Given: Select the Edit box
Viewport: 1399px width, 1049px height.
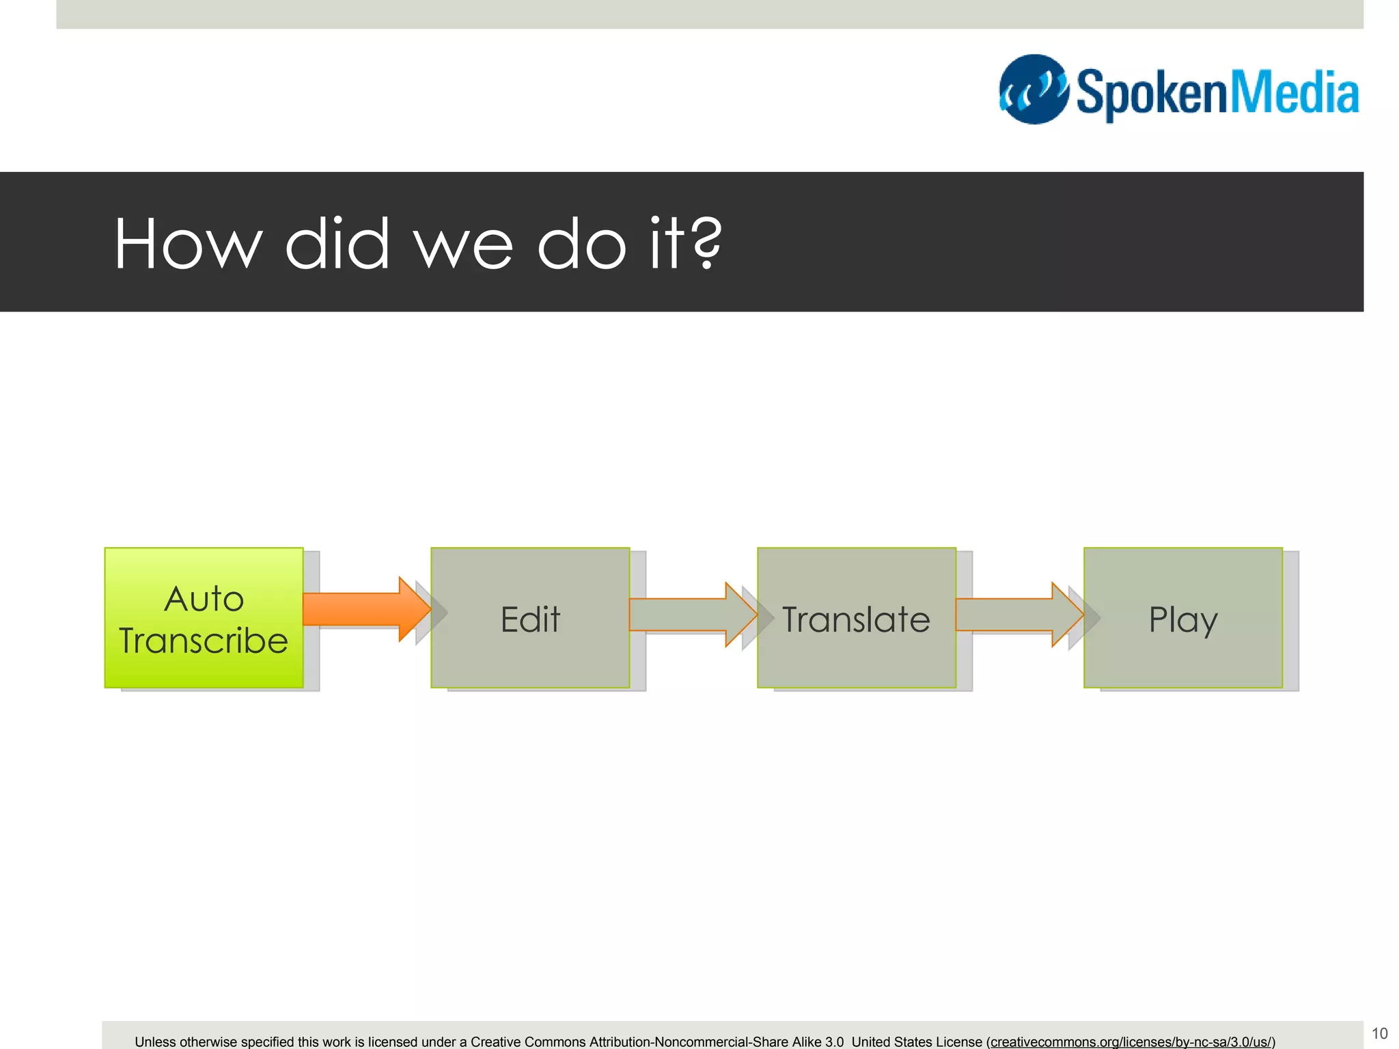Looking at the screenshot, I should tap(530, 618).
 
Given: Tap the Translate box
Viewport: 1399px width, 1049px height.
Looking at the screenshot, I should tap(856, 618).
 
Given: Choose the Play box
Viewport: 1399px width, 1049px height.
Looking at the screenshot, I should tap(1182, 618).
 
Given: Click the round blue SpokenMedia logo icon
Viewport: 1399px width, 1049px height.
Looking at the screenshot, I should tap(1034, 89).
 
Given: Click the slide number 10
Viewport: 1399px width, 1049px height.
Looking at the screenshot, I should tap(1379, 1033).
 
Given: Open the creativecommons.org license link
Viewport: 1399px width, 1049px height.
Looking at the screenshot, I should tap(1131, 1042).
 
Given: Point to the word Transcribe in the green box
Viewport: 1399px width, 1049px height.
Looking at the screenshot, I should tap(204, 641).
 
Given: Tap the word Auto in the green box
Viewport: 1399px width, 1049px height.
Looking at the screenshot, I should tap(204, 599).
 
